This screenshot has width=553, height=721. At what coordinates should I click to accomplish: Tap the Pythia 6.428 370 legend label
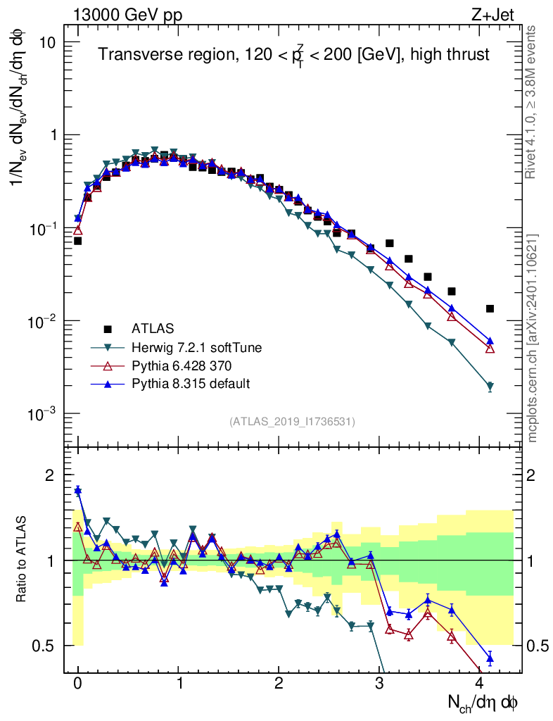click(181, 365)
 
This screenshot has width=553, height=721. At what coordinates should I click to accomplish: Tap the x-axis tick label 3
click(379, 683)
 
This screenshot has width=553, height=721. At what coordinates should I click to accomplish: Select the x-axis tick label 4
click(480, 683)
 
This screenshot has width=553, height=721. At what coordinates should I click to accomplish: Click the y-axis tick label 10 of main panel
click(46, 42)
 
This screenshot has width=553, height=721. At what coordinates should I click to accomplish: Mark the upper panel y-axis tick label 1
click(52, 135)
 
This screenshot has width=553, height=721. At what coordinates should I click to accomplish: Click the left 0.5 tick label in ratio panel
click(46, 646)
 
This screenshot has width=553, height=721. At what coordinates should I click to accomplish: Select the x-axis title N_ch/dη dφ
click(483, 702)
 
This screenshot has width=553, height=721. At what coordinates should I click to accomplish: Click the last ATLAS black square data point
click(490, 308)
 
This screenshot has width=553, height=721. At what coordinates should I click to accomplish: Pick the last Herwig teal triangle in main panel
click(490, 387)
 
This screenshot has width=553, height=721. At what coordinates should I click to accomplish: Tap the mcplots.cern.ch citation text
click(533, 338)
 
